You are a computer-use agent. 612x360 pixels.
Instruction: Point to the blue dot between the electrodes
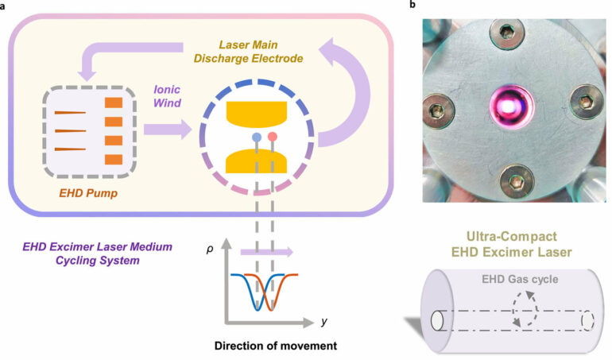coord(256,137)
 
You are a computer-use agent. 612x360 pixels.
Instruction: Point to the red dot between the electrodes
coord(273,137)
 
